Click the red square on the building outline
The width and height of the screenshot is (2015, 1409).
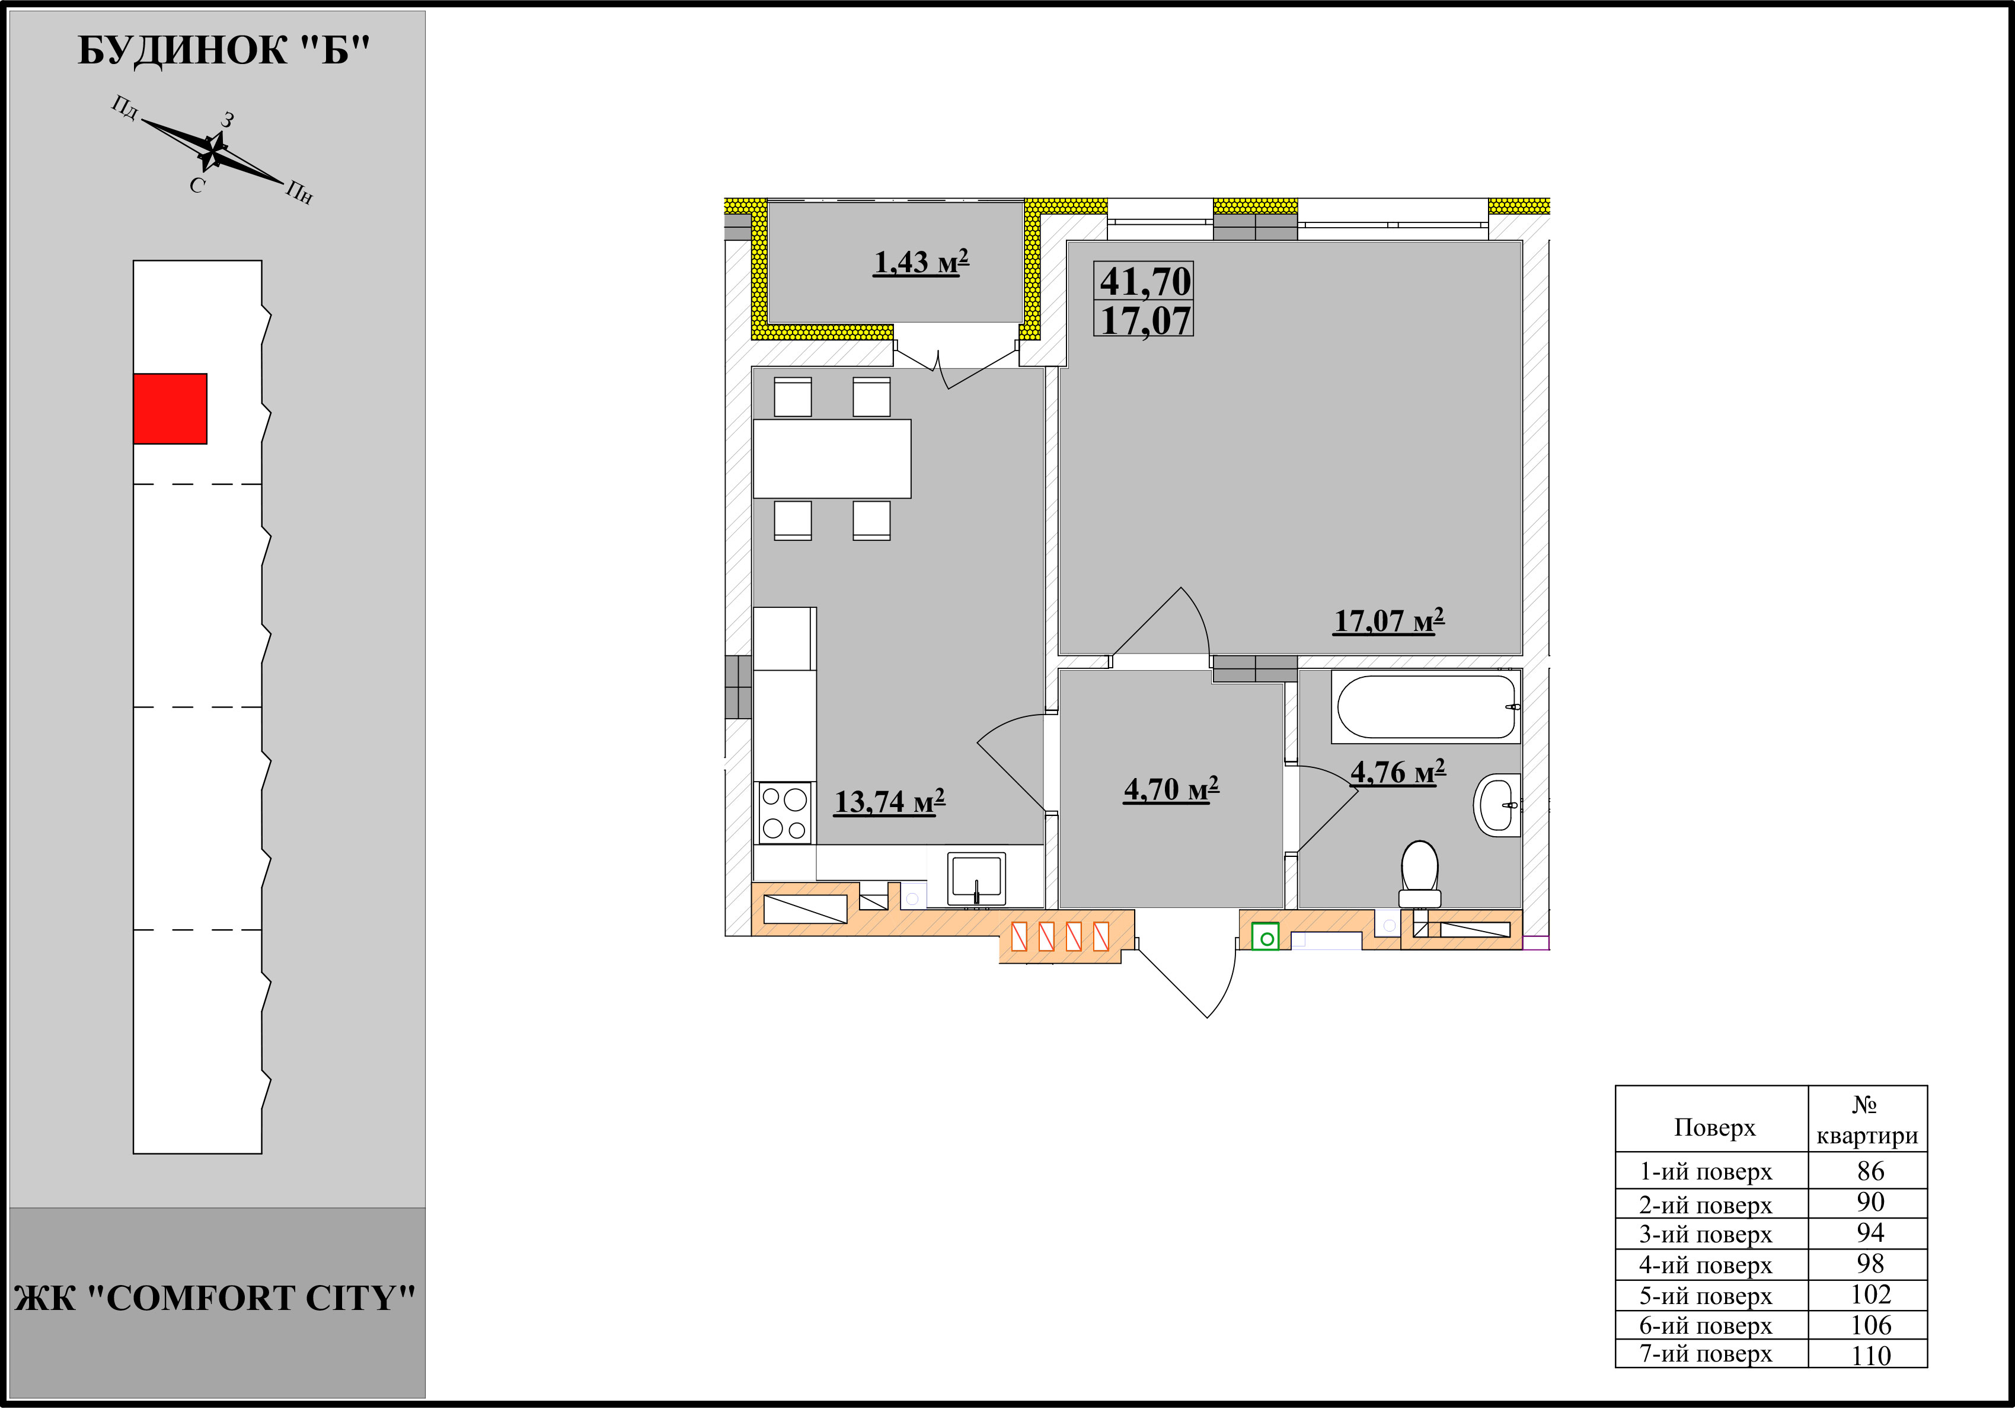point(170,409)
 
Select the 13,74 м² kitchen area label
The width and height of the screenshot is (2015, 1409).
point(889,802)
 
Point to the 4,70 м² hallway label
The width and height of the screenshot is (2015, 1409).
point(1171,789)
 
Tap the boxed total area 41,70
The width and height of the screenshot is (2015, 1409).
point(1145,282)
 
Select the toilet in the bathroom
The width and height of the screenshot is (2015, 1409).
point(1420,874)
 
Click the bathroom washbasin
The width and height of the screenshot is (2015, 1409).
point(1497,804)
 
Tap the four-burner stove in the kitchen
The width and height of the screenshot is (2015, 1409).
point(784,813)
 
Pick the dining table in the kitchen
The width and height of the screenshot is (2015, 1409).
point(832,458)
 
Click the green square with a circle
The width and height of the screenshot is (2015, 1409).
point(1264,937)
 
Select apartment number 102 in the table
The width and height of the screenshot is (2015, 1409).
point(1870,1295)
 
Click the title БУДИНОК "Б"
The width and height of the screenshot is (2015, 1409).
point(224,51)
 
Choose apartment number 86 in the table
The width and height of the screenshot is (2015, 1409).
point(1870,1171)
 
